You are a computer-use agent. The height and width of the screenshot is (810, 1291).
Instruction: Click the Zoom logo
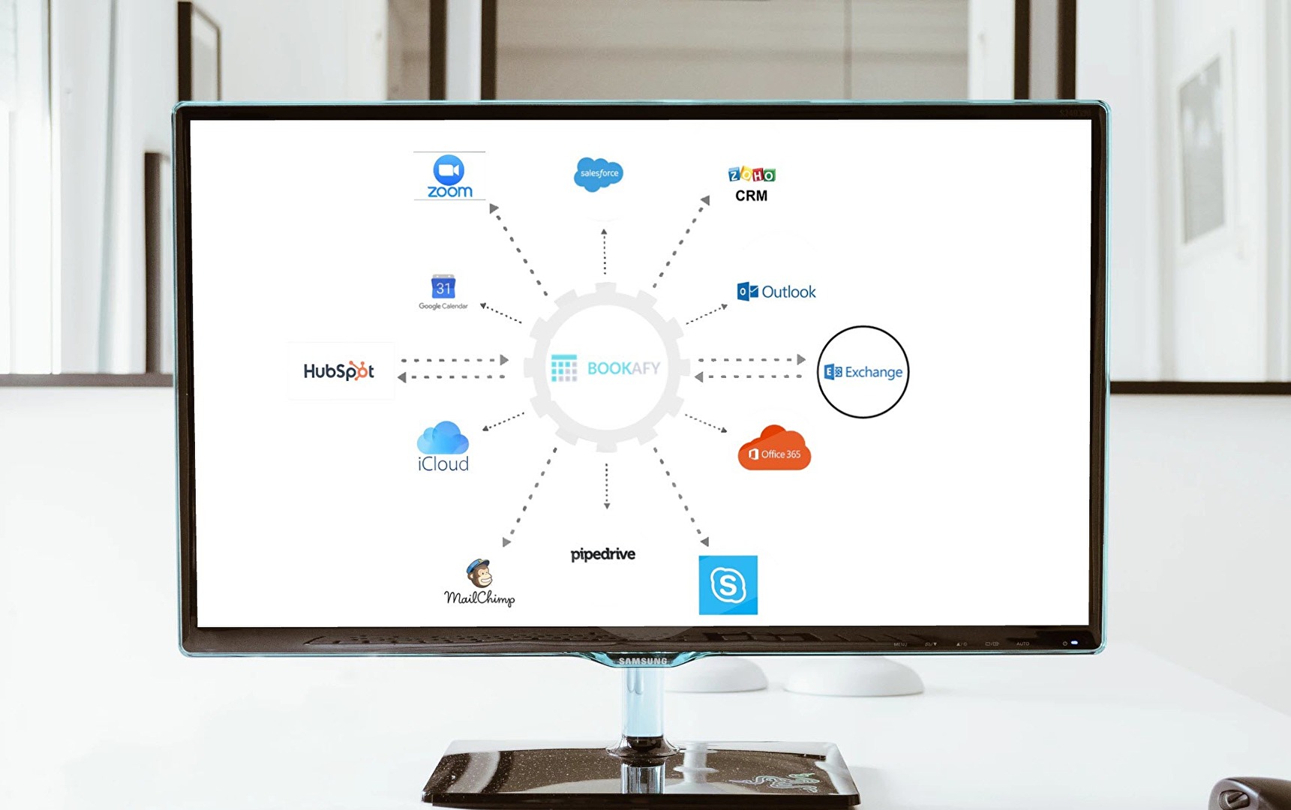449,176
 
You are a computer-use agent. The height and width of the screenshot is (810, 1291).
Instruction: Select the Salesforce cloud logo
598,174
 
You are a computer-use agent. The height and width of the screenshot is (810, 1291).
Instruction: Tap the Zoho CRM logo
751,184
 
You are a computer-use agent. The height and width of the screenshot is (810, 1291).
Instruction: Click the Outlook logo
776,292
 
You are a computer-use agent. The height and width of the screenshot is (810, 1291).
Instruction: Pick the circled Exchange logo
863,372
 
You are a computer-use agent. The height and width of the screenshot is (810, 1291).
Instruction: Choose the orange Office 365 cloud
774,449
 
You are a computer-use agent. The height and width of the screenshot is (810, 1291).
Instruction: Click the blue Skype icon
728,585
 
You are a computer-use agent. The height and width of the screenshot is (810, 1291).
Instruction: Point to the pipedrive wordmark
602,554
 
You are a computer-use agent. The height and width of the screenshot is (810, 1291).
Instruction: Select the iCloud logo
443,447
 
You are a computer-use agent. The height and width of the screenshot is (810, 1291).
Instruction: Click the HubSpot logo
339,370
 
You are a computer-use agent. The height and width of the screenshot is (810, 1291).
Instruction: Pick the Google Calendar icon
443,291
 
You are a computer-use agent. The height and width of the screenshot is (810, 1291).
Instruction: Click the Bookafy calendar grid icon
564,368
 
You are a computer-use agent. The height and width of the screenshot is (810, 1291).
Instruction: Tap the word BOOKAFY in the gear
623,368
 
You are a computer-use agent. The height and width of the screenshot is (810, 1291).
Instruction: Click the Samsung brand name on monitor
643,661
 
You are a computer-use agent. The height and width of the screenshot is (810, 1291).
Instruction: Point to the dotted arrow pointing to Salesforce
604,252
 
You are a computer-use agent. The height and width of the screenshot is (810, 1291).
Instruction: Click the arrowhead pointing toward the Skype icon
704,541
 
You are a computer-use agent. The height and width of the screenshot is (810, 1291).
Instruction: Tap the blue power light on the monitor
1074,643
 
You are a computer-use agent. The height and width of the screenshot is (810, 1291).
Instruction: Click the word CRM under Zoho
751,196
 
